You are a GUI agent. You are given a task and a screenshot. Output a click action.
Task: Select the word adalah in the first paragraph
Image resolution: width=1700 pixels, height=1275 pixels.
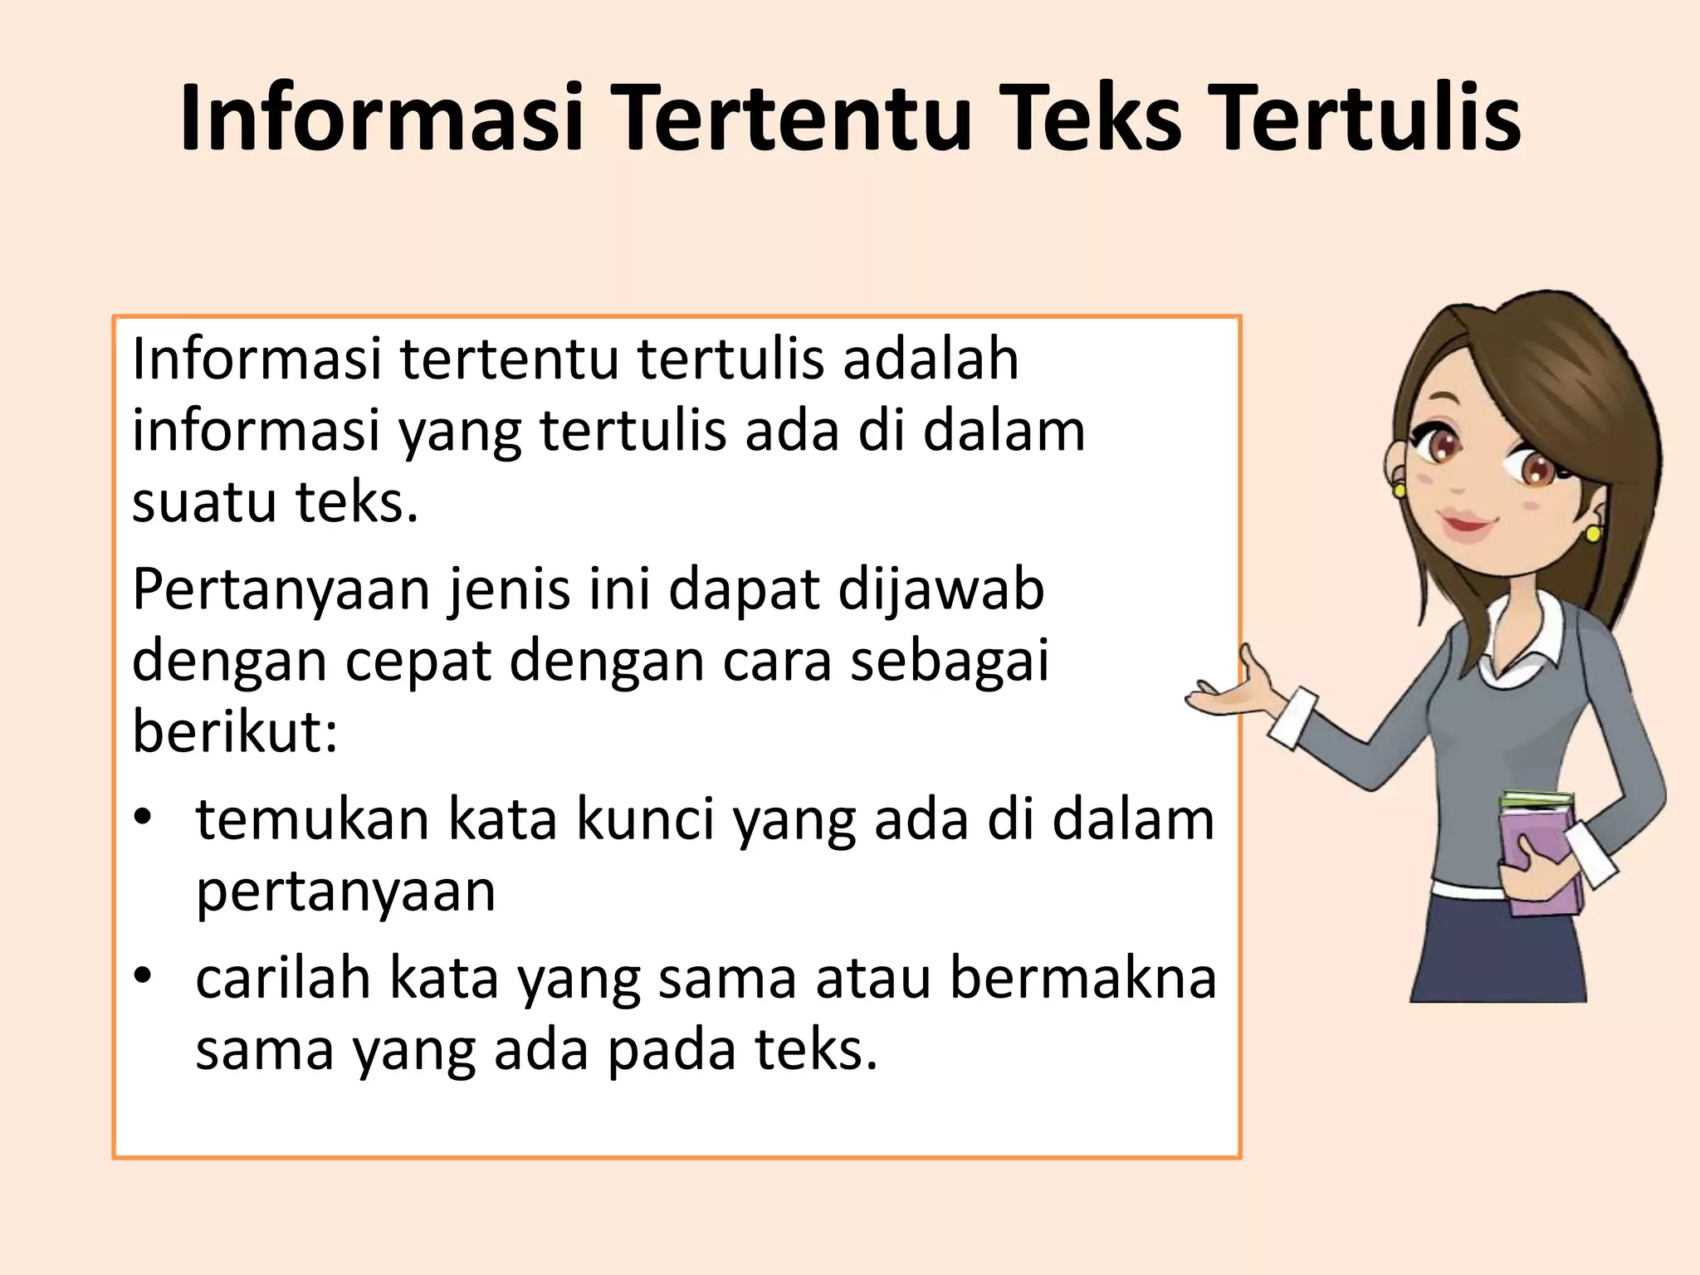pyautogui.click(x=931, y=360)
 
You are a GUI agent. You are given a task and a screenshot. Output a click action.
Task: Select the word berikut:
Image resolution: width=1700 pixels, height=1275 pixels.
pyautogui.click(x=235, y=732)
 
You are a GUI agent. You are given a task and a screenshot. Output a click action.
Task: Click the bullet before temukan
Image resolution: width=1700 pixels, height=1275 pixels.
pyautogui.click(x=144, y=817)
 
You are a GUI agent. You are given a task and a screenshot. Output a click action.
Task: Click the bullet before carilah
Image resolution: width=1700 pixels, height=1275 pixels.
pyautogui.click(x=144, y=975)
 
